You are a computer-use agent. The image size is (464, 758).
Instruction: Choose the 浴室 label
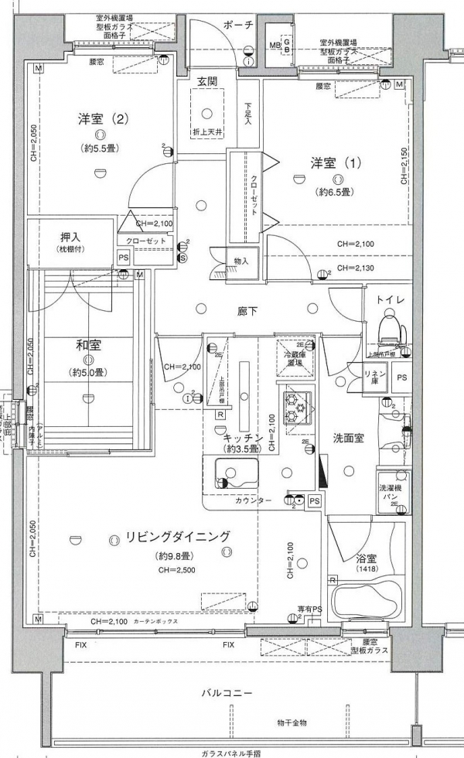tap(363, 557)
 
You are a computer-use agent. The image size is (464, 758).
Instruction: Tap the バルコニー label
tap(230, 692)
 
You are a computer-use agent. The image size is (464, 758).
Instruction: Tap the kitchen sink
tap(225, 474)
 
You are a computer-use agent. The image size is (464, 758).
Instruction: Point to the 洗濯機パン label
tap(391, 493)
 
